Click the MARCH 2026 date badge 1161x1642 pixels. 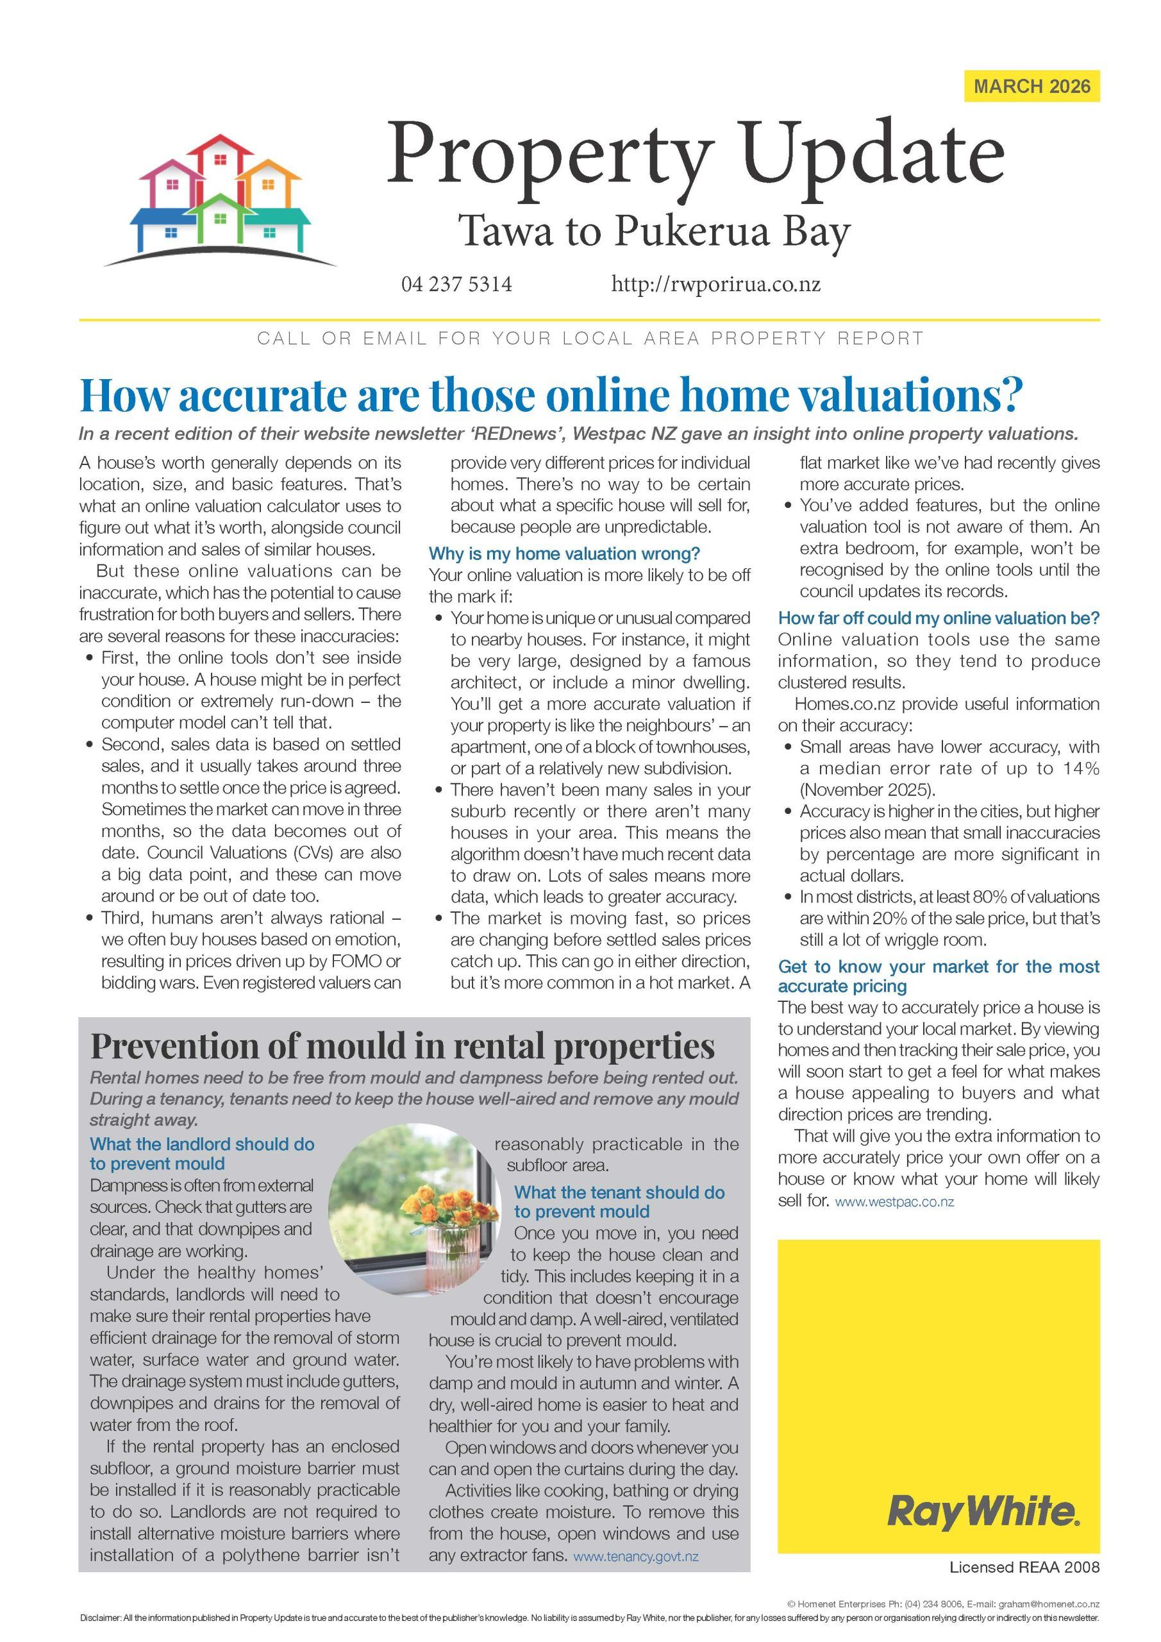click(1031, 87)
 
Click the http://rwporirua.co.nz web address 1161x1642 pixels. click(715, 285)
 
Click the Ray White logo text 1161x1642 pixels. click(982, 1512)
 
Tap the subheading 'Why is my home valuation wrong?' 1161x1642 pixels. click(564, 554)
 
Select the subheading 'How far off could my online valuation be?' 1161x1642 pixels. click(938, 618)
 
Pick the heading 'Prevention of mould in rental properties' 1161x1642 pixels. click(402, 1046)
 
